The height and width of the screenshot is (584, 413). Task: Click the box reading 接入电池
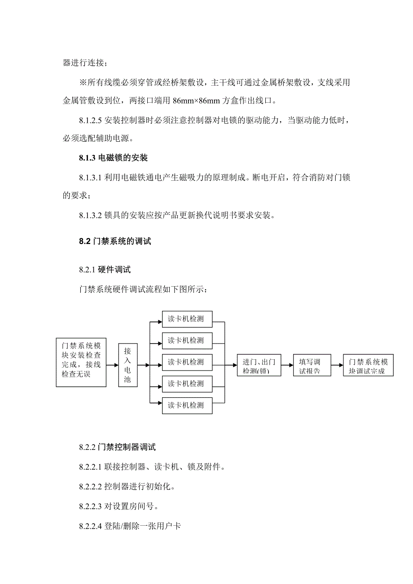[x=127, y=365]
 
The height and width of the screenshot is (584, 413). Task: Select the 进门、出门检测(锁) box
[x=259, y=366]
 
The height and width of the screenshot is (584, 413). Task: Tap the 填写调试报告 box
[x=312, y=366]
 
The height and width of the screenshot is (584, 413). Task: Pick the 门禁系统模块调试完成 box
[x=368, y=366]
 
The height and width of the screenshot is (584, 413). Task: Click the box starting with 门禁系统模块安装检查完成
[x=81, y=362]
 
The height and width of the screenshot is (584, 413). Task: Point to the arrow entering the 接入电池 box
[x=112, y=365]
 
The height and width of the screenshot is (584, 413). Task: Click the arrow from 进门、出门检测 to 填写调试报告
[x=287, y=366]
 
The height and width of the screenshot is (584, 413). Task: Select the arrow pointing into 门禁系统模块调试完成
[x=338, y=366]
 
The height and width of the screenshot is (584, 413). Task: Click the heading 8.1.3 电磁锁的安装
[x=113, y=158]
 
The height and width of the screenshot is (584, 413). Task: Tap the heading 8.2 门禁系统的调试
[x=115, y=241]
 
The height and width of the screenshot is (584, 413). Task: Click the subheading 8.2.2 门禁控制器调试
[x=117, y=447]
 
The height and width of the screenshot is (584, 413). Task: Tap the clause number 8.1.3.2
[x=91, y=215]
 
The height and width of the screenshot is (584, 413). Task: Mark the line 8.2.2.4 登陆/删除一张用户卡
[x=130, y=526]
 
